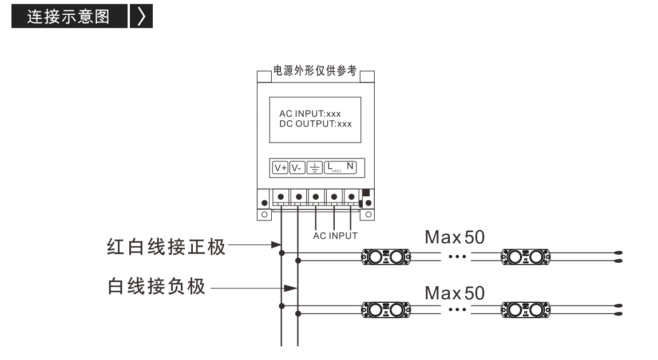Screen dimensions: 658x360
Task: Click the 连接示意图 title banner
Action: click(x=69, y=17)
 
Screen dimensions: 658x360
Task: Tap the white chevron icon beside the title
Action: click(x=141, y=17)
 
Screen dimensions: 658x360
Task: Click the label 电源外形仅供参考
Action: click(x=315, y=70)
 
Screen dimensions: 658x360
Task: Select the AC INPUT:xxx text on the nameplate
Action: click(x=310, y=114)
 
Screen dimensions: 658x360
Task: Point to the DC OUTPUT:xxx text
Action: click(x=316, y=124)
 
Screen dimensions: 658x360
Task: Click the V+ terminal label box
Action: click(x=280, y=168)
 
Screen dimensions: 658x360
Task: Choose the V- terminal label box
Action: click(x=297, y=168)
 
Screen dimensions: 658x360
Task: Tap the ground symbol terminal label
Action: click(x=314, y=168)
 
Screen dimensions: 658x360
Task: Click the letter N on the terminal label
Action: click(x=350, y=166)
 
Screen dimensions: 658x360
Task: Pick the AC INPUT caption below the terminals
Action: click(x=335, y=236)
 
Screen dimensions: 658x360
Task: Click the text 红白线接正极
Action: click(x=166, y=247)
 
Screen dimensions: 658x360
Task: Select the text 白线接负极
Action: click(x=157, y=286)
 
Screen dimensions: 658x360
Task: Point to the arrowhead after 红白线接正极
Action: click(x=276, y=244)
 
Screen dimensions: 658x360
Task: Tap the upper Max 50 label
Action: click(x=454, y=237)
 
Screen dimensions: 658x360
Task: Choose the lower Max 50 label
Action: click(x=454, y=293)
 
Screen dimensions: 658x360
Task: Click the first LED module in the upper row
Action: click(x=386, y=257)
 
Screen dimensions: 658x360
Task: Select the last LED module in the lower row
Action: click(x=526, y=310)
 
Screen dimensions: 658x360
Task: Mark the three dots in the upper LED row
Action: click(x=457, y=256)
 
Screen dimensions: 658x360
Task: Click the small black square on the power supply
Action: click(x=366, y=192)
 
